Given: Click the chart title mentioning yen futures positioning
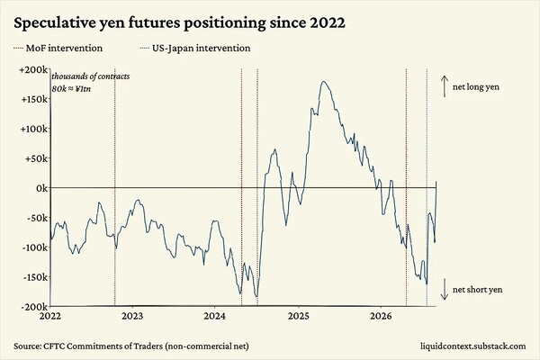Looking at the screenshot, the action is (x=179, y=24).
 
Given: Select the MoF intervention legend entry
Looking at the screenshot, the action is (x=58, y=48).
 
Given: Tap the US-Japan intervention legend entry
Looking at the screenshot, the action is (x=195, y=48).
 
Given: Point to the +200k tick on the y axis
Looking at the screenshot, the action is (x=34, y=69).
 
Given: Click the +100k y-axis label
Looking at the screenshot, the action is (x=34, y=129).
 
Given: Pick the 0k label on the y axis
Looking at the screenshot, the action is (x=42, y=188).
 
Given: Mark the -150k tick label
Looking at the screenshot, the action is (x=35, y=277).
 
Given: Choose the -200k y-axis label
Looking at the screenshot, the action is (x=35, y=307).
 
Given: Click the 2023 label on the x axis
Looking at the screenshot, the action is (x=132, y=316).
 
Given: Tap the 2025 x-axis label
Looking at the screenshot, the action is (x=299, y=316).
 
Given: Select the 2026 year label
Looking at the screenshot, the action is (x=382, y=316).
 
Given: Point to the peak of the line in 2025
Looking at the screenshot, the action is (x=323, y=81).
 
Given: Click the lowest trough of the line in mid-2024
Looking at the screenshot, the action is (x=256, y=297).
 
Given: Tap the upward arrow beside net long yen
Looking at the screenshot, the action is (x=445, y=86).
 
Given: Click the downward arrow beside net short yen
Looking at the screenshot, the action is (x=445, y=289).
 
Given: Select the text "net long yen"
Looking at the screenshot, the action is (x=475, y=86).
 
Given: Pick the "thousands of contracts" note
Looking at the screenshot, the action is (x=91, y=76).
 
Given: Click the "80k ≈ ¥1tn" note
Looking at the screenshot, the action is (x=71, y=89).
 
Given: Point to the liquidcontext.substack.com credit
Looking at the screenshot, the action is (x=473, y=346).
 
